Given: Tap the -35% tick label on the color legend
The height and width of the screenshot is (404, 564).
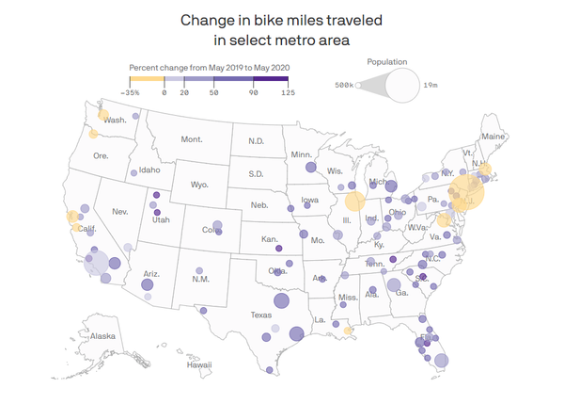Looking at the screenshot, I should (132, 93).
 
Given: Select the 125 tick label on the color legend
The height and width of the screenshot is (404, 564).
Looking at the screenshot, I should (289, 93).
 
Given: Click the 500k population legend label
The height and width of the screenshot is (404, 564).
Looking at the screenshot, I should (345, 86).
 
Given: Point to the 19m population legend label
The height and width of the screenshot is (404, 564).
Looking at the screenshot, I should (431, 86).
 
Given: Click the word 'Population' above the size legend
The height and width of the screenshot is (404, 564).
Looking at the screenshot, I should (386, 61).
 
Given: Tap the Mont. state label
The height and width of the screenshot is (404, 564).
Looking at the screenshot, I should (192, 139).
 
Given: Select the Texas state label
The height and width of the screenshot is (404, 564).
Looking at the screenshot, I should (260, 315).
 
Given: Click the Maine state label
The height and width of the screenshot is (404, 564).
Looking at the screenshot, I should (493, 137).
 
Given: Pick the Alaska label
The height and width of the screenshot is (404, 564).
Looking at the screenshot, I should (102, 335).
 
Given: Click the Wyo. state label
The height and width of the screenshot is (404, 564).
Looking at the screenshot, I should (199, 185).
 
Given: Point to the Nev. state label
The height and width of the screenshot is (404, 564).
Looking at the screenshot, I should (119, 212).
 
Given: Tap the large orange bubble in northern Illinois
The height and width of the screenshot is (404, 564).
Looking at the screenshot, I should (354, 201).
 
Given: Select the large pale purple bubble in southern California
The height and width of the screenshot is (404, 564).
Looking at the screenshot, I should (96, 262).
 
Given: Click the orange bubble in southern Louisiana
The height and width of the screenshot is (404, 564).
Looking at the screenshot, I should (348, 331).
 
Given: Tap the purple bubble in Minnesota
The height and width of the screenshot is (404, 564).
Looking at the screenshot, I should (309, 168).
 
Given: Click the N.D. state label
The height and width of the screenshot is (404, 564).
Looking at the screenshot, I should (256, 141).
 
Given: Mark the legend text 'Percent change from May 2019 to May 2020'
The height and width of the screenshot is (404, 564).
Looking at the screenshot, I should (210, 68).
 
